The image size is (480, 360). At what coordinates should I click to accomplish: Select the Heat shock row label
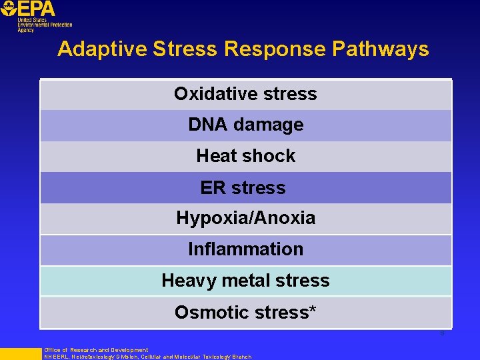tap(245, 156)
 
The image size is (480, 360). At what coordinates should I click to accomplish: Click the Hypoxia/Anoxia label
tap(245, 218)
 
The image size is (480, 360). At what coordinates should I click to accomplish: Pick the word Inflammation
tap(245, 249)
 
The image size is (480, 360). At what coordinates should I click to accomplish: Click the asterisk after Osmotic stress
tap(313, 310)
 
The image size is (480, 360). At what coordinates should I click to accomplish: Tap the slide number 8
tap(441, 333)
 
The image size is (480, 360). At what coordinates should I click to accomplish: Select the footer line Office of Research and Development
tap(96, 350)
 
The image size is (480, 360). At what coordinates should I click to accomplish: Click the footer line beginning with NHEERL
tap(147, 357)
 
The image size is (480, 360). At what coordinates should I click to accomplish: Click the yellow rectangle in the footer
tap(20, 353)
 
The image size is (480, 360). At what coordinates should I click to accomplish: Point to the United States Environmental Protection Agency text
tap(44, 25)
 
